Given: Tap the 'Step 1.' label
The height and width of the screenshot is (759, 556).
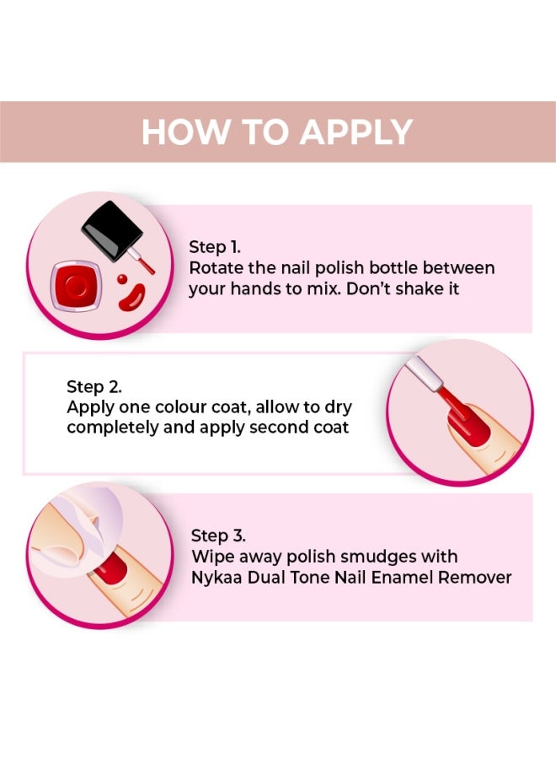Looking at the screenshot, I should [214, 247].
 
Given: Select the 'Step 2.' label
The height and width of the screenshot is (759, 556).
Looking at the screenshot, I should [94, 386].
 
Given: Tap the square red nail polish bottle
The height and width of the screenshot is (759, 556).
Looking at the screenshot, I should [77, 286].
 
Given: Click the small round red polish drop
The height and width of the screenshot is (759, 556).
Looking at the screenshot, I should [122, 278].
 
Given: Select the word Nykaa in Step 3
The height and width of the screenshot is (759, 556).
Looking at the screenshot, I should [218, 578].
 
